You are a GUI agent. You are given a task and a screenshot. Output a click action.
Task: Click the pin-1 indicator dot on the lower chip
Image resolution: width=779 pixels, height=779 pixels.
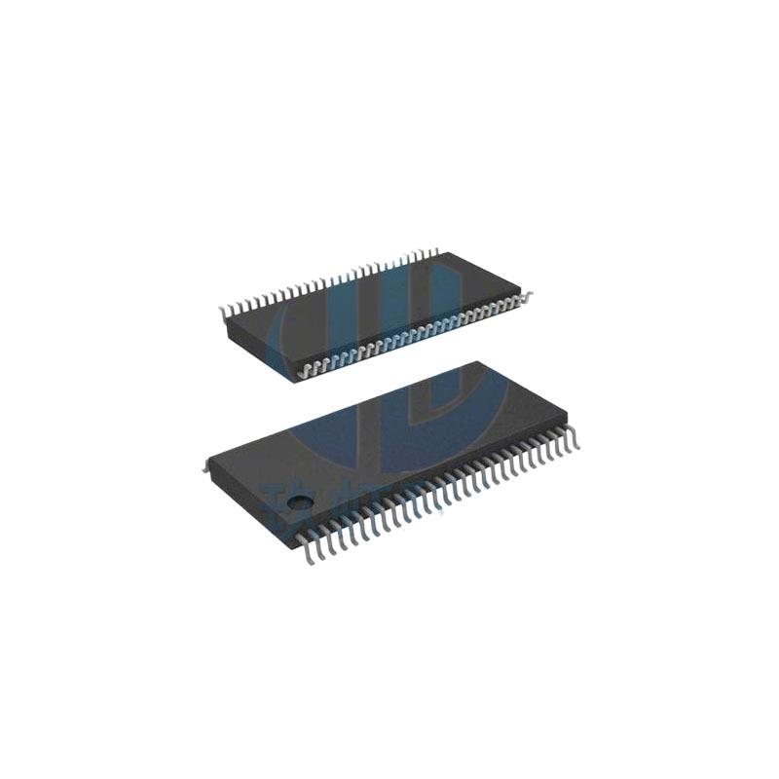pos(304,502)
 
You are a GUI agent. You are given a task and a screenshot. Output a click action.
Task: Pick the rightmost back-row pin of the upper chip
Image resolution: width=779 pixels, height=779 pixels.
pos(433,252)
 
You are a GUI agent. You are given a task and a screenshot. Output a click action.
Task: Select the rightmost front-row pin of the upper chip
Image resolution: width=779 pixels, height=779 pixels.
pos(525,295)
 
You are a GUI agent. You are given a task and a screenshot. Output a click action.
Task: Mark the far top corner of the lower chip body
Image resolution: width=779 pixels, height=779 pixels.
pos(477,362)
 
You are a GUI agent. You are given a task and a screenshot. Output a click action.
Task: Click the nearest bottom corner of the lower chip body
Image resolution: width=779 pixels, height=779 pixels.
pos(292,527)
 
